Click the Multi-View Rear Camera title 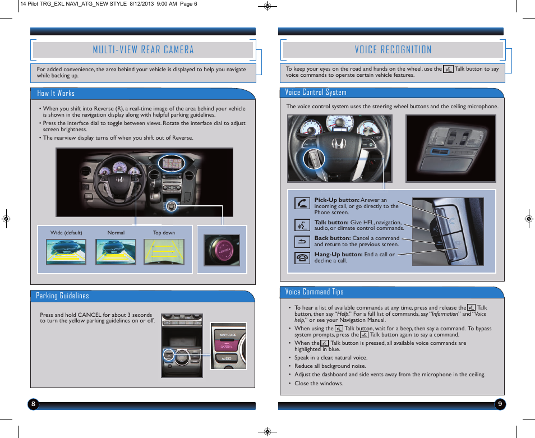click(143, 50)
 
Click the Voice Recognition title click(393, 50)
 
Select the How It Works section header click(56, 93)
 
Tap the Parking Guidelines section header click(62, 296)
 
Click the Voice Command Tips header click(314, 292)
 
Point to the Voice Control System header click(316, 92)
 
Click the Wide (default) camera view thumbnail click(66, 252)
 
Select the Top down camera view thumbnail click(164, 252)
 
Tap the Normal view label click(116, 233)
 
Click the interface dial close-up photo click(222, 250)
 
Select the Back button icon click(302, 242)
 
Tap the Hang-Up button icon click(302, 257)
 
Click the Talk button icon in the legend click(302, 225)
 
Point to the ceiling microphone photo click(451, 148)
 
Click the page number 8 click(34, 404)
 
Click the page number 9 click(499, 404)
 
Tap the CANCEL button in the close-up click(227, 345)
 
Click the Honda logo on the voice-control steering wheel click(338, 144)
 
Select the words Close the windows click(319, 384)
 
